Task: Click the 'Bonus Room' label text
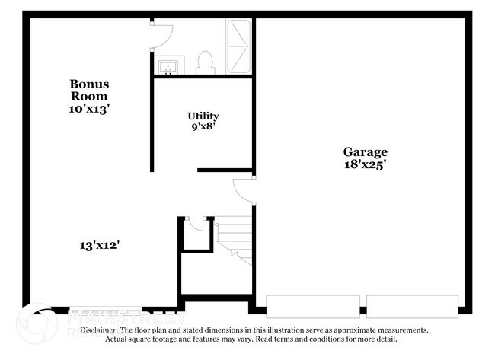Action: point(89,90)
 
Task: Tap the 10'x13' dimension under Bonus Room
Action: point(89,109)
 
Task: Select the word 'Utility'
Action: point(203,116)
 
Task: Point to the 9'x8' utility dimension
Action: point(203,127)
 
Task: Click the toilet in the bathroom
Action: point(205,63)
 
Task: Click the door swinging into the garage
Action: point(244,190)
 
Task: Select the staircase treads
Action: point(234,237)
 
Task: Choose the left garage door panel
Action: point(312,305)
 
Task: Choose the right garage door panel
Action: point(412,305)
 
